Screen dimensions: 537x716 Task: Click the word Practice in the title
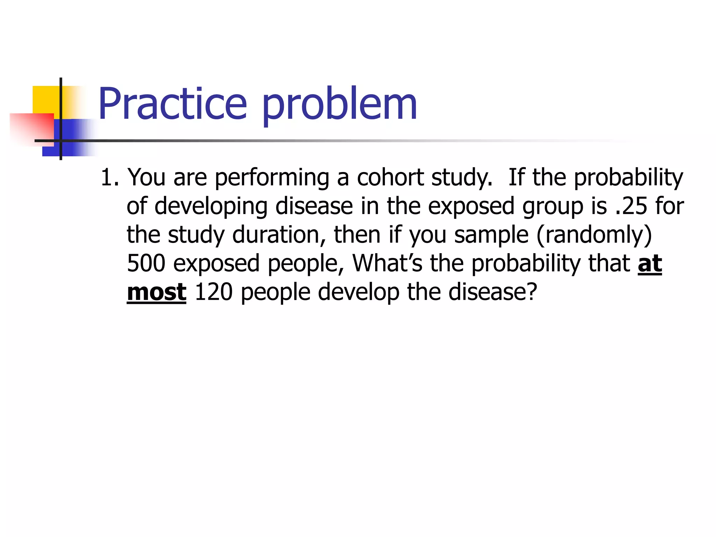point(173,104)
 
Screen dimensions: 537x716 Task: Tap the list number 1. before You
point(110,177)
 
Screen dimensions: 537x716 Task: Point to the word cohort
point(390,177)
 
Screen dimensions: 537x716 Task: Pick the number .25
point(631,206)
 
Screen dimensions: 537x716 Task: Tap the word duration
point(279,235)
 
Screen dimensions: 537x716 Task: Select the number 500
point(146,263)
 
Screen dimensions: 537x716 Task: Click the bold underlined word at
point(650,264)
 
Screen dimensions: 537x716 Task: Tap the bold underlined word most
point(156,292)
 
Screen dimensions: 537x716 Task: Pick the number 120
point(213,292)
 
